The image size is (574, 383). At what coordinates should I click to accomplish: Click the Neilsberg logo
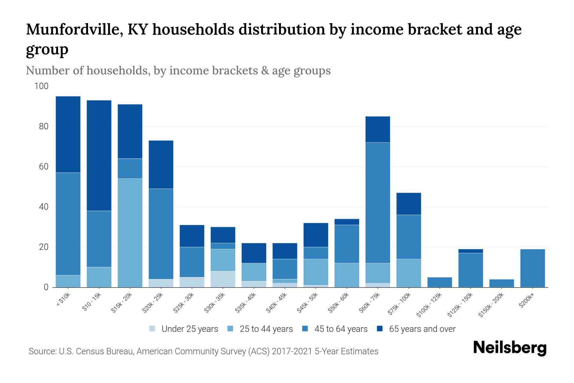[510, 348]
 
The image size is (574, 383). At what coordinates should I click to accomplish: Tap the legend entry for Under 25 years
[189, 329]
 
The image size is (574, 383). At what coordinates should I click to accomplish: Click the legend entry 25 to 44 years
[266, 329]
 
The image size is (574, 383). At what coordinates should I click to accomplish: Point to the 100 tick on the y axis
[41, 86]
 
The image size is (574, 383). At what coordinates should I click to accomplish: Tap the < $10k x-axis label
[63, 300]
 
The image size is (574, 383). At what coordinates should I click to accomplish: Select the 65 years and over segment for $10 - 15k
[99, 155]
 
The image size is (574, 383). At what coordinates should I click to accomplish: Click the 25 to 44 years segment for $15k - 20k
[130, 233]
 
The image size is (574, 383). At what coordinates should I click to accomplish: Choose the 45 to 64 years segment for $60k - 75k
[378, 203]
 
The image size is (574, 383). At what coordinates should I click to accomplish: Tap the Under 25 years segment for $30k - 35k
[223, 279]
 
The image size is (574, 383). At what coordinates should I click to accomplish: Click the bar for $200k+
[533, 268]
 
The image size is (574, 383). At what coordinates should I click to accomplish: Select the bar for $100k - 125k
[439, 282]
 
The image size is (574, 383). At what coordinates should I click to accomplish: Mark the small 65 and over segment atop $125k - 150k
[470, 251]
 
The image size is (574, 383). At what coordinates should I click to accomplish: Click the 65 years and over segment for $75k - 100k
[408, 204]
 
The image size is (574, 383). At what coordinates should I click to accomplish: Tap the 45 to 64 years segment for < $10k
[68, 223]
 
